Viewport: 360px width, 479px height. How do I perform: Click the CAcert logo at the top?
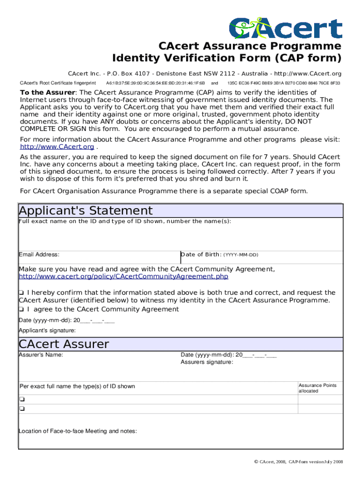[285, 28]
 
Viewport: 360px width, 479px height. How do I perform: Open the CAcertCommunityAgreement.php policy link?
[123, 276]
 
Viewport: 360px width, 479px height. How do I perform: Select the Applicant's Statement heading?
[86, 210]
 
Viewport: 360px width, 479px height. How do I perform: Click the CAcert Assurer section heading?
[64, 344]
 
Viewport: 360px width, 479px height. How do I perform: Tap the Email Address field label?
[39, 254]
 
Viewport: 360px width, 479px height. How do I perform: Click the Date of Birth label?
[201, 254]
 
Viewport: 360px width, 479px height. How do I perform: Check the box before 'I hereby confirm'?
[21, 293]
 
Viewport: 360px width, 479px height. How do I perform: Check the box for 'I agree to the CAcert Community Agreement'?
[21, 310]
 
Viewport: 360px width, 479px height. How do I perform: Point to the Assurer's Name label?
[41, 355]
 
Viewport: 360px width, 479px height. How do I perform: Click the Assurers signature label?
[207, 363]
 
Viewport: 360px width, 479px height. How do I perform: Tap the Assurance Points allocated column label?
[317, 388]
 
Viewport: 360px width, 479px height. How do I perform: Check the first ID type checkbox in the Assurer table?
[22, 399]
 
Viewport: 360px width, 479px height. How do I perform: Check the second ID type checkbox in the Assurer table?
[22, 409]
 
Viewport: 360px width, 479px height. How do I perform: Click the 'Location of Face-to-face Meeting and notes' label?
[78, 431]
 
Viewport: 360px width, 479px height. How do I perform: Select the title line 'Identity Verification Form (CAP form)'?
[227, 58]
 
